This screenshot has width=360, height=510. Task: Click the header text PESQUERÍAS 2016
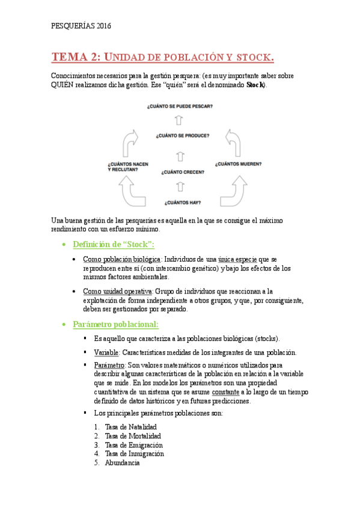click(x=81, y=26)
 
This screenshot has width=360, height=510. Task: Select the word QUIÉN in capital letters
click(x=62, y=85)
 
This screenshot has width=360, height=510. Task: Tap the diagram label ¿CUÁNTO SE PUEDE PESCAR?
click(x=180, y=106)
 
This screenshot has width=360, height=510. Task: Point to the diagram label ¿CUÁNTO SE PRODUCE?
click(x=182, y=135)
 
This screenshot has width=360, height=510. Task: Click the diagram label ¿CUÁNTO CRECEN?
click(x=182, y=172)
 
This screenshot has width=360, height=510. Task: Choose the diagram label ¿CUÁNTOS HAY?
click(x=182, y=202)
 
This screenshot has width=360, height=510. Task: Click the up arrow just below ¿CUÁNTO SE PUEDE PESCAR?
click(x=178, y=120)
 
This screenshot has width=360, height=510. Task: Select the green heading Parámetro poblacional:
click(x=115, y=324)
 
